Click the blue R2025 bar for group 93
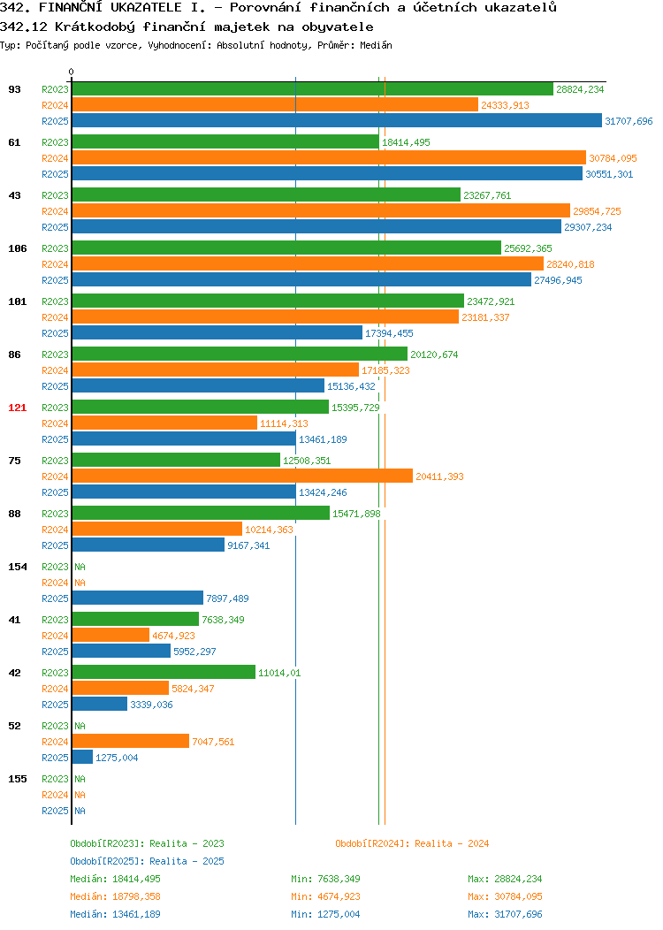click(x=337, y=121)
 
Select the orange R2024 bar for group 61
click(x=329, y=157)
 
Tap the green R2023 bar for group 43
click(x=266, y=195)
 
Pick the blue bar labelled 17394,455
click(x=217, y=333)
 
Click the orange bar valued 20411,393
click(x=242, y=476)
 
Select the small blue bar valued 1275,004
click(x=82, y=758)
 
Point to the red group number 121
click(x=17, y=408)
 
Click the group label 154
click(x=17, y=567)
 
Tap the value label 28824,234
click(x=580, y=89)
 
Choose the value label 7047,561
click(x=213, y=742)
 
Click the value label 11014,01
click(x=279, y=673)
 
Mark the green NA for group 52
click(x=80, y=726)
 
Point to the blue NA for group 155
click(x=80, y=811)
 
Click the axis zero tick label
click(x=72, y=72)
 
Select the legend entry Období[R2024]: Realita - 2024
click(x=412, y=843)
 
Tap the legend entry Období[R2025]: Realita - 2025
click(x=147, y=861)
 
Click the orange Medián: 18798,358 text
click(x=115, y=896)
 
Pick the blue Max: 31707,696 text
click(x=505, y=914)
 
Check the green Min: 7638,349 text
click(x=325, y=879)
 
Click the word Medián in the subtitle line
click(x=376, y=45)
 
